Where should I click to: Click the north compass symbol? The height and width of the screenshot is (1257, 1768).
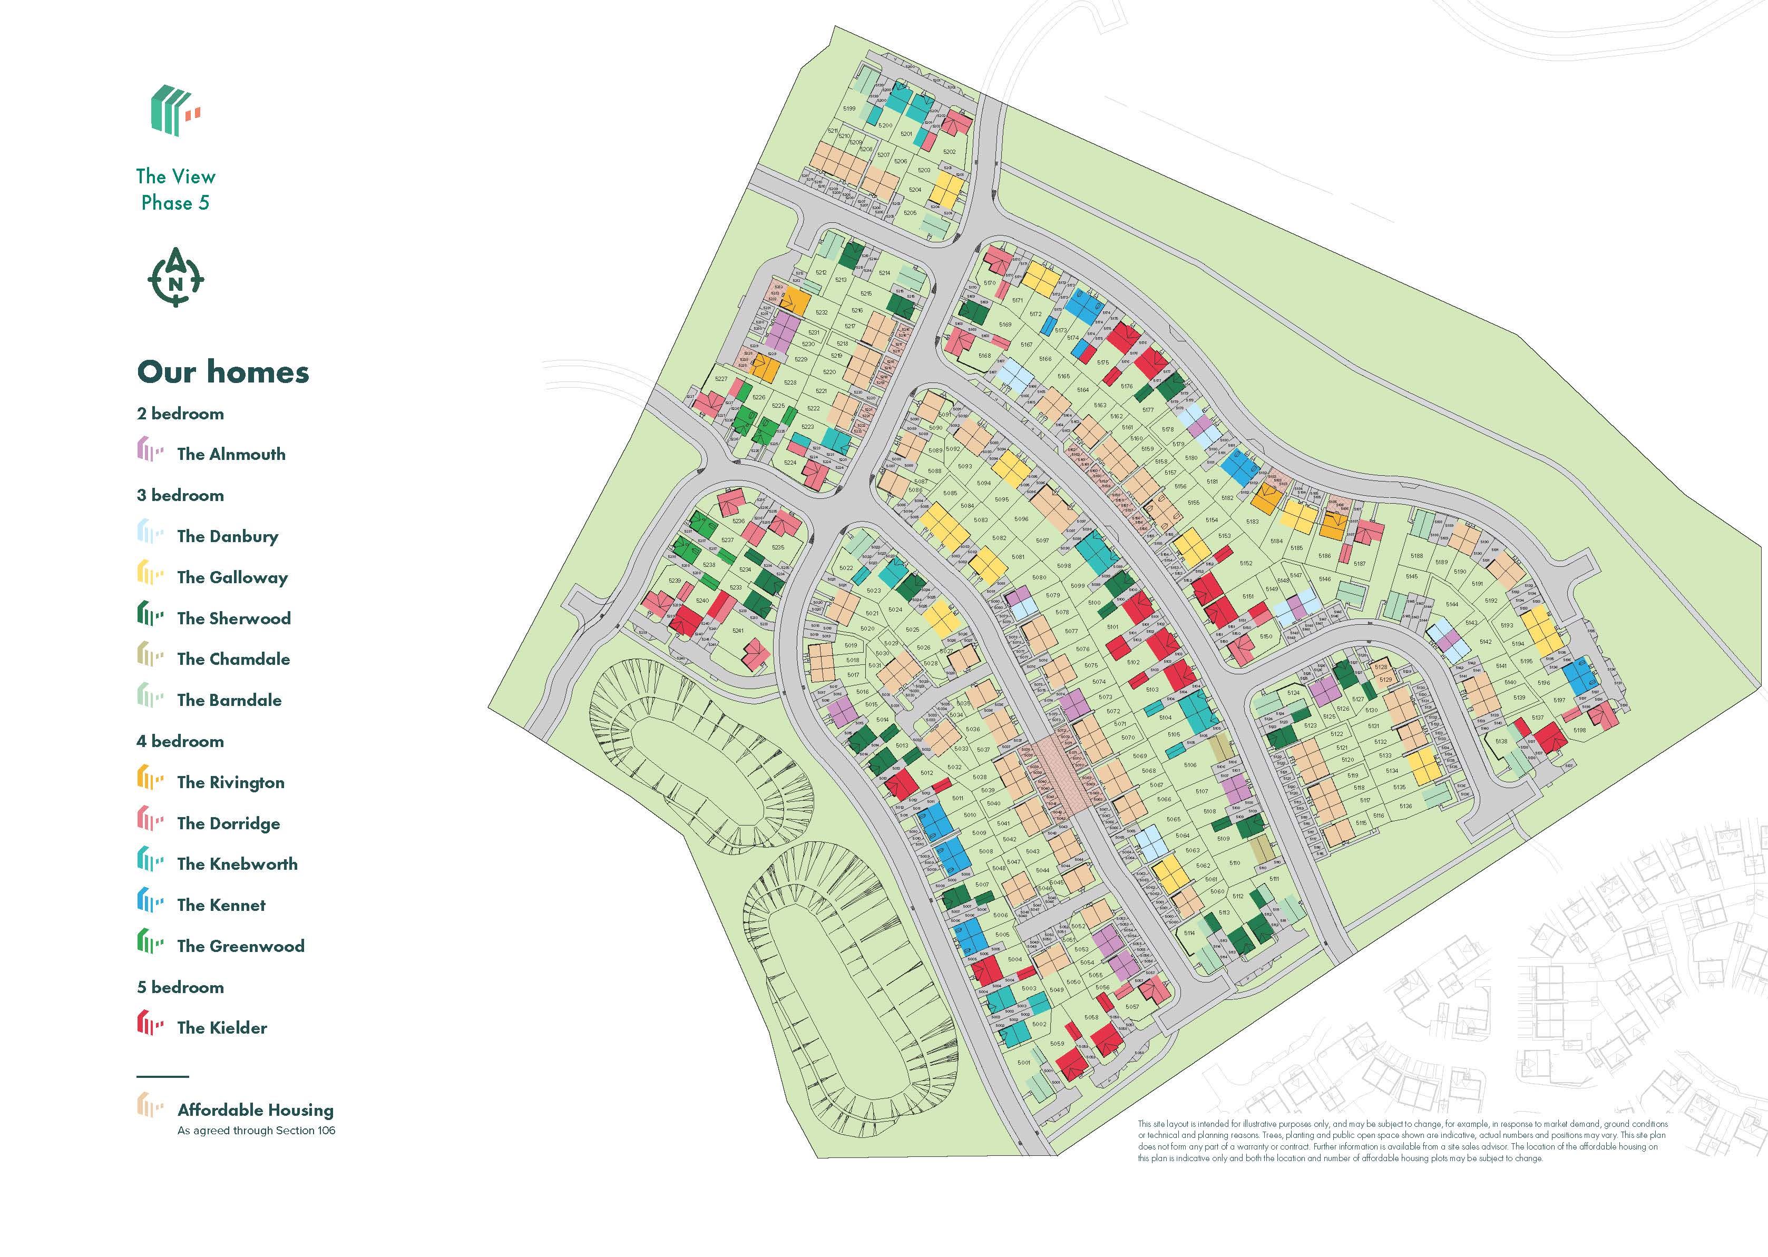point(175,278)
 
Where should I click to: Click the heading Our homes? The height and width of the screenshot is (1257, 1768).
point(223,372)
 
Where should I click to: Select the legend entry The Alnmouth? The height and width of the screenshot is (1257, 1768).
point(231,454)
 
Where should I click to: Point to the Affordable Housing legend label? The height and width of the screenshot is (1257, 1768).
point(256,1110)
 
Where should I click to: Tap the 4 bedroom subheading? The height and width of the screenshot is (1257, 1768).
point(180,742)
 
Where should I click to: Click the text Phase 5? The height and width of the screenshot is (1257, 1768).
point(175,203)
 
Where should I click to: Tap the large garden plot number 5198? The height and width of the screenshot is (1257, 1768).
point(1579,730)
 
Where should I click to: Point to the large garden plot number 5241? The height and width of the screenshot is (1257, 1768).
point(738,631)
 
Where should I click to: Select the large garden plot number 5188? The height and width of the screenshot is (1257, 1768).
point(1417,556)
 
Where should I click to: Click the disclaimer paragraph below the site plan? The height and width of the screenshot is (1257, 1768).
point(1401,1141)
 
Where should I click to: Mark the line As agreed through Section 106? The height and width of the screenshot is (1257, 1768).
point(256,1131)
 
